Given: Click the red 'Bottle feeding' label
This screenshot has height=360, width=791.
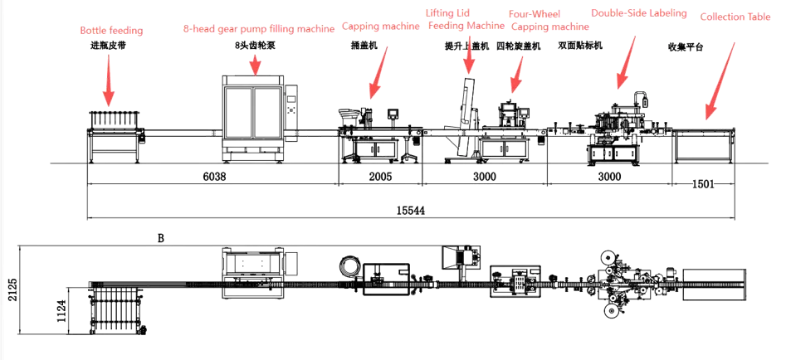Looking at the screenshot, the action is tap(111, 30).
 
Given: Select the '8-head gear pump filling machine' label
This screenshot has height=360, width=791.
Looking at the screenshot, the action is tap(259, 29).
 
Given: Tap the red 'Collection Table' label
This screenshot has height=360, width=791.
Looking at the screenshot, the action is tap(735, 17).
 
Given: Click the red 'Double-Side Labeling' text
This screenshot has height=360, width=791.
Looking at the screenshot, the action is tap(638, 13).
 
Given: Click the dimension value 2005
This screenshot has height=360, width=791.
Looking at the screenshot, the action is tap(380, 177).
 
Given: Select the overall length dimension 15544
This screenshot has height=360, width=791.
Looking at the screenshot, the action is tap(410, 212).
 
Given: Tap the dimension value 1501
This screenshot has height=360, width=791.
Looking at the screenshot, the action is tap(703, 184).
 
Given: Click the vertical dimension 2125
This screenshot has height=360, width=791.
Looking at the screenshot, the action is tap(12, 290).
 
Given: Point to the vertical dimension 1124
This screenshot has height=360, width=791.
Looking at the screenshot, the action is tap(61, 311).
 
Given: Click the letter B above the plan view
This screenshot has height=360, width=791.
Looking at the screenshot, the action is tap(160, 239).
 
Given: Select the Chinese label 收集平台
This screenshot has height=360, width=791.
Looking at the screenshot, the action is tap(686, 48).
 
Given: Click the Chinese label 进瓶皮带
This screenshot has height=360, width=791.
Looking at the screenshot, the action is tap(108, 46).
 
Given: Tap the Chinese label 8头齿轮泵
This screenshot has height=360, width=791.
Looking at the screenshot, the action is tap(255, 46).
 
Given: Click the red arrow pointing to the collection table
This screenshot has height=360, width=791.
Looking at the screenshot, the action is tap(720, 80).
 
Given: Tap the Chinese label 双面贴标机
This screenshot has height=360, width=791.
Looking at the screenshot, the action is tap(580, 46).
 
